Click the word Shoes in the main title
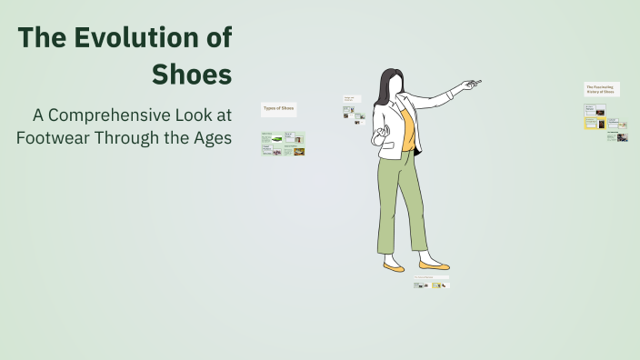pos(192,74)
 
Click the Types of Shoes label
pos(278,109)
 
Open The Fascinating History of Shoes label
pos(600,89)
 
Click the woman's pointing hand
pos(467,85)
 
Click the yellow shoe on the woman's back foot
pos(394,267)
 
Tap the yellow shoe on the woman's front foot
pos(435,265)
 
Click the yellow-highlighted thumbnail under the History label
pos(591,122)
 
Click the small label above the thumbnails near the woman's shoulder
pos(351,98)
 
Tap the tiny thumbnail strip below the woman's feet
pos(432,285)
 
